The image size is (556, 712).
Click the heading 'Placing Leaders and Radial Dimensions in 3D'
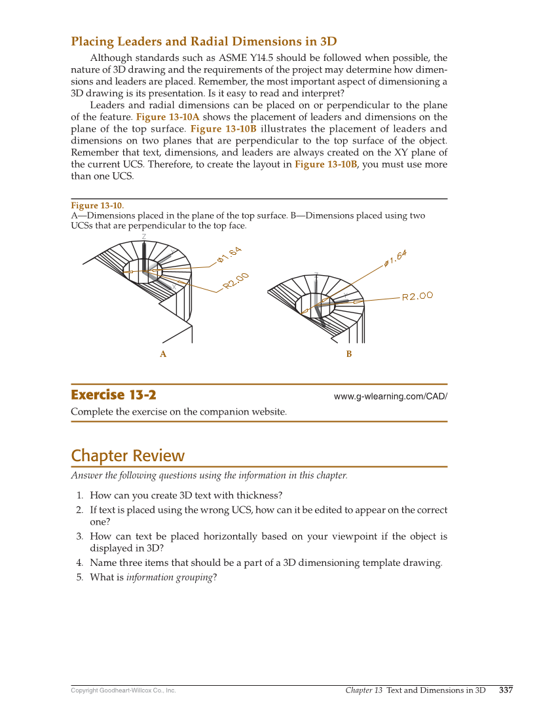[204, 42]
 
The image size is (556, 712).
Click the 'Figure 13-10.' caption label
[97, 206]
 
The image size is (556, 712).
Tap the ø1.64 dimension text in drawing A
[230, 254]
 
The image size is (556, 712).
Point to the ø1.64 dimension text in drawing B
[396, 258]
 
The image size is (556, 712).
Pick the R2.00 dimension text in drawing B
[417, 296]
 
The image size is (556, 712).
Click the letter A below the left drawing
[163, 354]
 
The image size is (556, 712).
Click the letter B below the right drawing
[349, 354]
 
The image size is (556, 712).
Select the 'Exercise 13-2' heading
[113, 395]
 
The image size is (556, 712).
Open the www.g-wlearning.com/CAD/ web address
[390, 396]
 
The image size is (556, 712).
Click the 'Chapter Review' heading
[128, 456]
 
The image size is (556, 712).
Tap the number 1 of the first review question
[79, 495]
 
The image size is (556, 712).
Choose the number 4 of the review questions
[79, 563]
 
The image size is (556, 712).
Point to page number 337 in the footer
[506, 690]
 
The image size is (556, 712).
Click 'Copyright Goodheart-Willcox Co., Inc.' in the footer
[123, 690]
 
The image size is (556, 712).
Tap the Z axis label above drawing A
[144, 236]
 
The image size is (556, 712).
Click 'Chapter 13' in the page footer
[363, 690]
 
